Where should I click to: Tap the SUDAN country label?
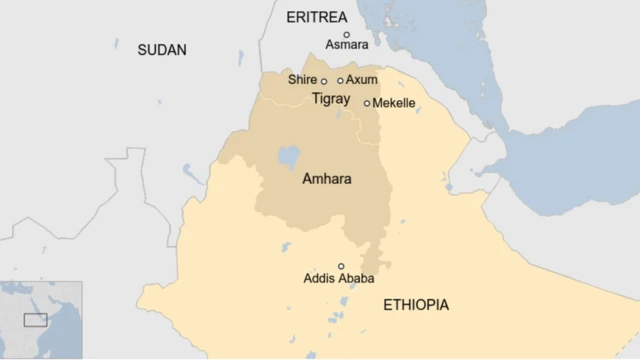[x=162, y=50]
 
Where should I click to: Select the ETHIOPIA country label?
[x=416, y=305]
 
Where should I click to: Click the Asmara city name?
[x=347, y=45]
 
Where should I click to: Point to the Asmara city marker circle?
[x=347, y=34]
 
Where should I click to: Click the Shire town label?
[x=301, y=80]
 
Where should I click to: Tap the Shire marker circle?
[x=324, y=81]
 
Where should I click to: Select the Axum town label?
[x=362, y=80]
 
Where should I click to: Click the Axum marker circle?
[x=341, y=81]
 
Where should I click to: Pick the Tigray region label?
[x=331, y=99]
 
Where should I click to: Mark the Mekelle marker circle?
[x=367, y=103]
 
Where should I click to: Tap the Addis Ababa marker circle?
[x=341, y=266]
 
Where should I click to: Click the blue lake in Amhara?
[x=288, y=158]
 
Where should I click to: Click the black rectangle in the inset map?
[x=35, y=320]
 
